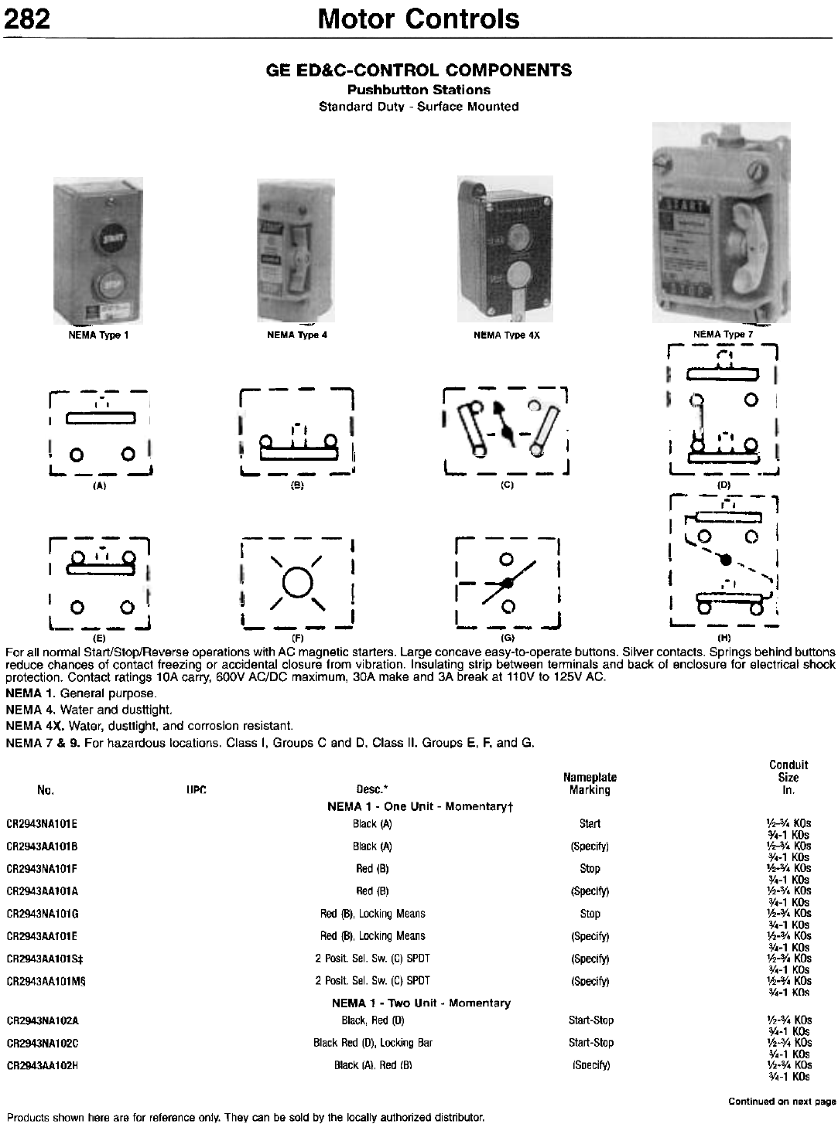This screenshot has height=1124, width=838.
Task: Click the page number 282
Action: click(x=29, y=18)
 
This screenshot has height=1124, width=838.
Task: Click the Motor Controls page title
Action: click(x=419, y=18)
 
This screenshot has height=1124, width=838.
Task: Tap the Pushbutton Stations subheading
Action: click(x=419, y=90)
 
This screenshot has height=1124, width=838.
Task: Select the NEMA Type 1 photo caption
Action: click(x=99, y=335)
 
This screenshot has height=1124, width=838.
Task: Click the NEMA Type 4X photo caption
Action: click(x=506, y=335)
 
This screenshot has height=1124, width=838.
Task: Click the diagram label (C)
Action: click(x=507, y=485)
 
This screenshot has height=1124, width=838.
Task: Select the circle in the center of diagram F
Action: click(x=297, y=581)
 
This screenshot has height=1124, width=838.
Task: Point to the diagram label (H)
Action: click(x=724, y=638)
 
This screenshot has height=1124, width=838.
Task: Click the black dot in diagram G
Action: click(x=506, y=582)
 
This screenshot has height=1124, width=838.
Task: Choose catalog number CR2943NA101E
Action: click(x=42, y=824)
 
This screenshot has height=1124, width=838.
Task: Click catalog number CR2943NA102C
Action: click(x=42, y=1043)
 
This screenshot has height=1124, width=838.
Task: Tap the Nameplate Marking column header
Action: click(x=590, y=783)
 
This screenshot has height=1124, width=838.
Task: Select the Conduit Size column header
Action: click(x=788, y=777)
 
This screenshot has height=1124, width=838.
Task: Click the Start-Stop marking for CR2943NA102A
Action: click(x=590, y=1020)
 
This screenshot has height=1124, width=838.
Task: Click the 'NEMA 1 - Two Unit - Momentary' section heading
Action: click(x=421, y=1003)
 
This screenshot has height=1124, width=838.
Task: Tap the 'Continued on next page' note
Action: click(x=782, y=1101)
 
